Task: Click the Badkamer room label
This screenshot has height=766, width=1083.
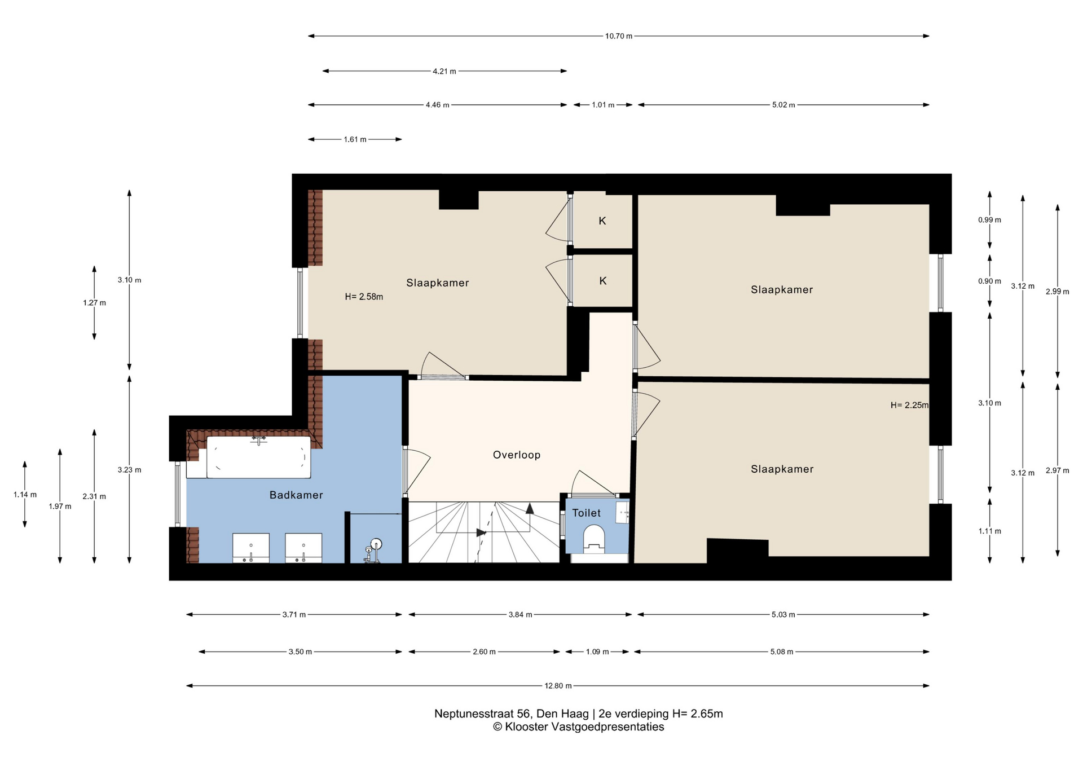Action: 296,495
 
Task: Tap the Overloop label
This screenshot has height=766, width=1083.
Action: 517,455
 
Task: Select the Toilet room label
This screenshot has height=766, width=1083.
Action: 587,513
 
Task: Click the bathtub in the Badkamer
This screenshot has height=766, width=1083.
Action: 259,457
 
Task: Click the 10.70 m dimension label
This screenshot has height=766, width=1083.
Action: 619,36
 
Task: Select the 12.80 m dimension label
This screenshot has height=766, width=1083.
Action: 558,686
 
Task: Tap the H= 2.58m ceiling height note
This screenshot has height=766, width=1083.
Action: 364,297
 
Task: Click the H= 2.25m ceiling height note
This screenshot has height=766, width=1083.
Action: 909,405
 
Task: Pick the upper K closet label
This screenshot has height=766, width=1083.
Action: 602,221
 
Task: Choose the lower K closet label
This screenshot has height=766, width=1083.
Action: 603,281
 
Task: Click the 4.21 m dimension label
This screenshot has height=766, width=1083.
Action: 444,71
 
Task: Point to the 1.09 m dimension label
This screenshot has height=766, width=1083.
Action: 597,651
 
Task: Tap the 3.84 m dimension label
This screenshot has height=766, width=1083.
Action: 520,614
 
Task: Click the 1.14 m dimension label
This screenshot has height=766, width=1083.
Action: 25,495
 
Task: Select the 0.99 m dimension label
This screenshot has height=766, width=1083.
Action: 989,220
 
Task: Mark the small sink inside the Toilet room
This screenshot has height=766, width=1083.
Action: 622,512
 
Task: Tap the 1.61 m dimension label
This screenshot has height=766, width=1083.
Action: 355,139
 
